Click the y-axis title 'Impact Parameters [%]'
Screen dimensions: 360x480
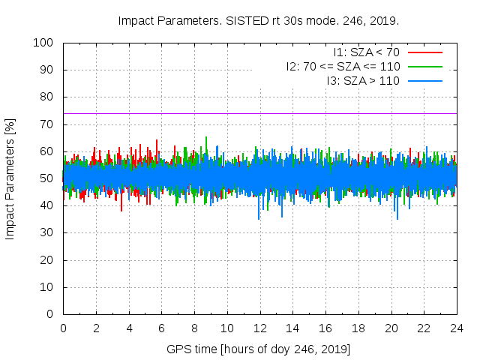(x=10, y=178)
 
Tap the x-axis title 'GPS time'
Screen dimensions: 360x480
(x=259, y=349)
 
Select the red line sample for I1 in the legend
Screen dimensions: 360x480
(x=424, y=52)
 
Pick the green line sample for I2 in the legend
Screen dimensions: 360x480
(x=424, y=66)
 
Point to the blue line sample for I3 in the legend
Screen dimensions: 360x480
(x=424, y=79)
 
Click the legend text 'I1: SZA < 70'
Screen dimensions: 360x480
(x=367, y=52)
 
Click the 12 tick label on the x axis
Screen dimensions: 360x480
(x=259, y=328)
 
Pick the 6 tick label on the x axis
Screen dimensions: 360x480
(x=161, y=328)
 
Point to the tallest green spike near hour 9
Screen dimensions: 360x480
(x=206, y=138)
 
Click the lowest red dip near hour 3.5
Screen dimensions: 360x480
(x=121, y=210)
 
